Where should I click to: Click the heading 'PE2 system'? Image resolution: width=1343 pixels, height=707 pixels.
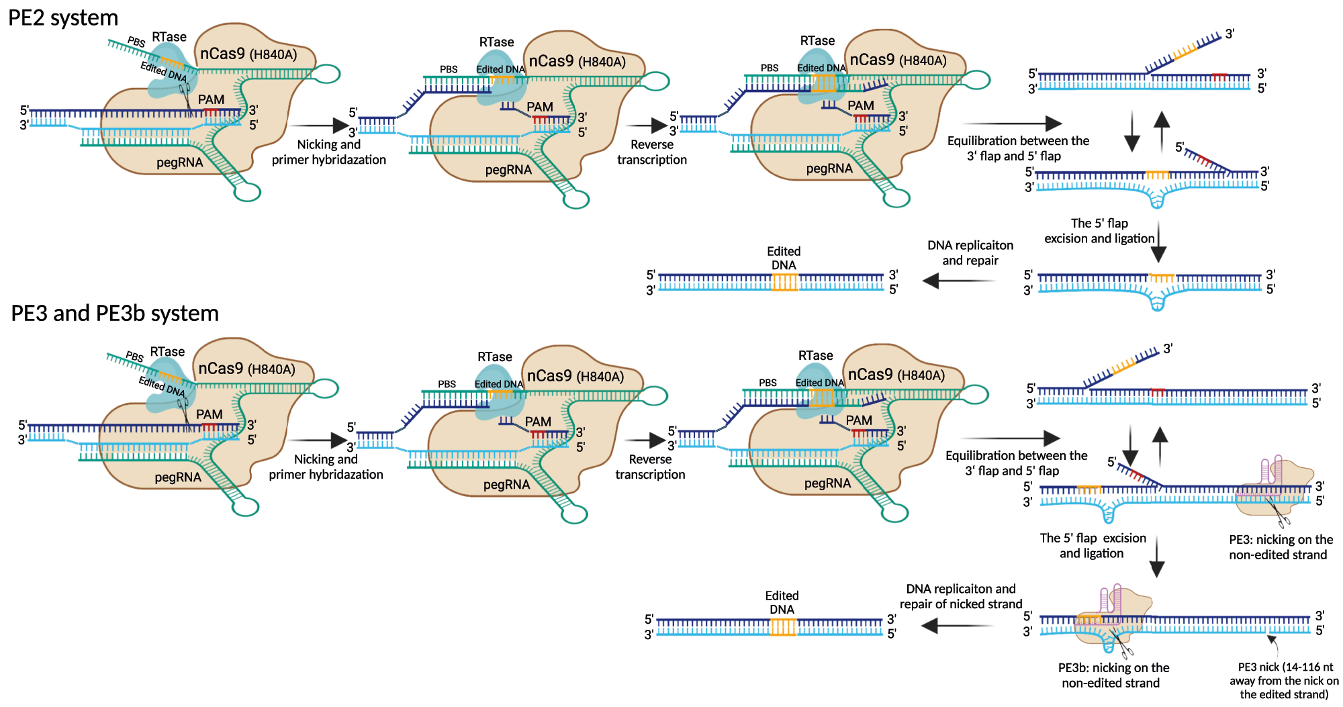(x=63, y=17)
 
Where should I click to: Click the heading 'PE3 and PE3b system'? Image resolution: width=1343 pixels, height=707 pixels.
(x=115, y=314)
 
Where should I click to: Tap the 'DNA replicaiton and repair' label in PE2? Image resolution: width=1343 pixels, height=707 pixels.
(x=970, y=253)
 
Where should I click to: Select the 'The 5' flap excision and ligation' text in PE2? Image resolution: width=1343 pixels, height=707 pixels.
(x=1099, y=231)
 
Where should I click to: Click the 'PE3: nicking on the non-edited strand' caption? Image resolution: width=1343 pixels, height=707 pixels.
(x=1281, y=547)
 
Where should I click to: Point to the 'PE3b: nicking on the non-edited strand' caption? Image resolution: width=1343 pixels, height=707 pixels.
(x=1113, y=675)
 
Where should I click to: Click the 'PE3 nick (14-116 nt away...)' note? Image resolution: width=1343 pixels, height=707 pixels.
(x=1285, y=681)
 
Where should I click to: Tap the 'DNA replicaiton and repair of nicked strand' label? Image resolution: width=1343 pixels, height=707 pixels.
(x=961, y=596)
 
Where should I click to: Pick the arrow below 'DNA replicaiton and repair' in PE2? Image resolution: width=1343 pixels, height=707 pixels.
(x=958, y=281)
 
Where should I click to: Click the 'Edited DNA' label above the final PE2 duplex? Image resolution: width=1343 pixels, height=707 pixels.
(x=784, y=258)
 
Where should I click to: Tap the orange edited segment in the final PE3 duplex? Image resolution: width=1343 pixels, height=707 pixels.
(x=782, y=627)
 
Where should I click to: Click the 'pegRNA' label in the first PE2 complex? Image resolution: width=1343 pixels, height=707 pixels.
(x=179, y=162)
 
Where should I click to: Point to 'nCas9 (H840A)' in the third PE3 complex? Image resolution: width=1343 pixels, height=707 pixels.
(x=896, y=375)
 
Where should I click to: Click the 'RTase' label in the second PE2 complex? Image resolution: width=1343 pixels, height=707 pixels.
(x=496, y=42)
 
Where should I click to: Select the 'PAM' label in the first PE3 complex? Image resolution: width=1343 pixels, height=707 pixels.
(x=209, y=415)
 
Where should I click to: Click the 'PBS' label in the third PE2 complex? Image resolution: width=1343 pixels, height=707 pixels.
(x=770, y=68)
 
